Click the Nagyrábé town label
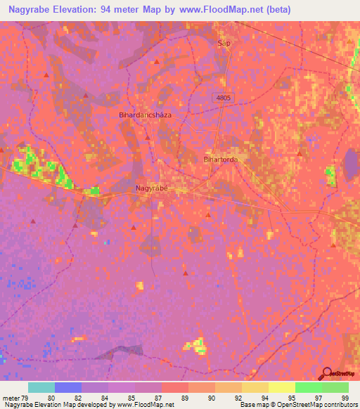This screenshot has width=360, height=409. [x=151, y=188]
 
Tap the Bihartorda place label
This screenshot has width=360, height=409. [x=220, y=160]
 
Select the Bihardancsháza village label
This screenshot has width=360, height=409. [x=146, y=114]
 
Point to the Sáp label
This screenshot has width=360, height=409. [x=224, y=43]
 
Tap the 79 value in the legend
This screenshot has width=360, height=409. [x=28, y=398]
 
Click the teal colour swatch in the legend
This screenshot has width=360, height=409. [x=41, y=387]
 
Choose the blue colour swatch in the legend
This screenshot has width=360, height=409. [x=68, y=387]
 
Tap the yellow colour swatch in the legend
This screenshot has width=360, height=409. [x=282, y=387]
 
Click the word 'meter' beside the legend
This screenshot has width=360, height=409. [x=11, y=398]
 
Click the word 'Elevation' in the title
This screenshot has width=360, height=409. [x=72, y=10]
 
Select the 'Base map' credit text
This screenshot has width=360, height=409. [x=252, y=405]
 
